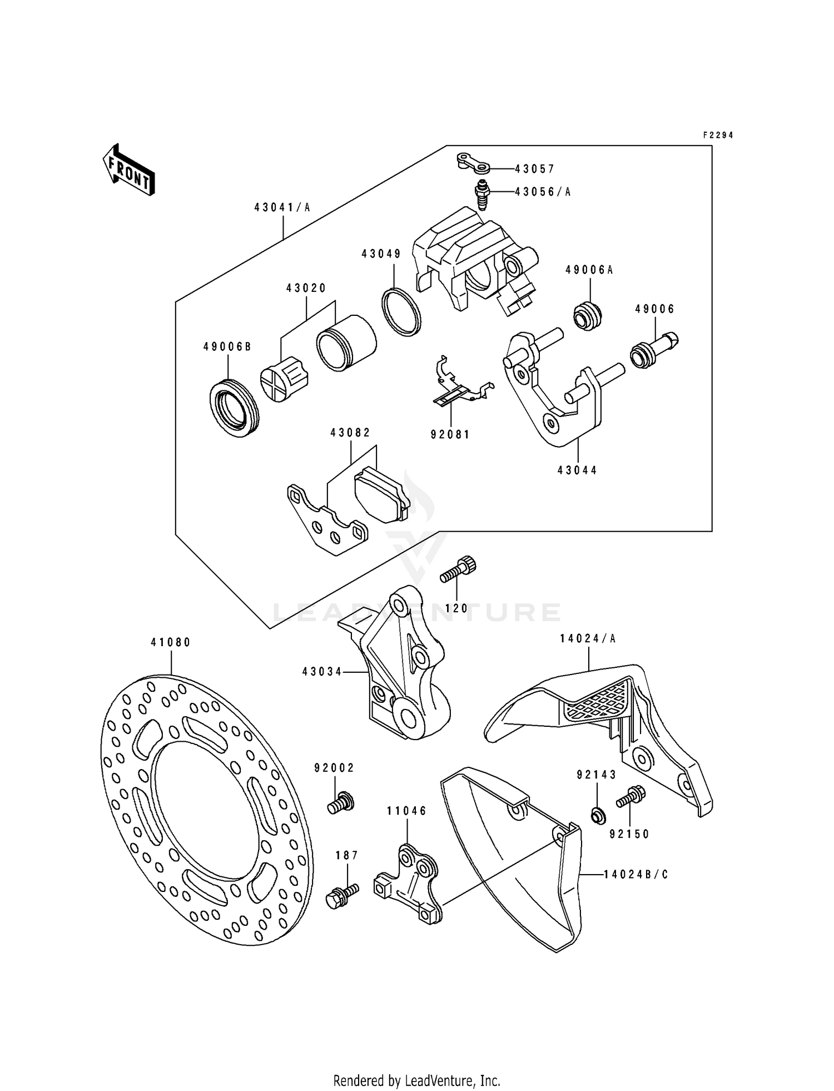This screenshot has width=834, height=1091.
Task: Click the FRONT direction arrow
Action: coord(128,169)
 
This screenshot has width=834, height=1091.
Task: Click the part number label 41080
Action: coord(171,642)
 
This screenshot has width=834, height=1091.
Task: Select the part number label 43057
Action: coord(534,168)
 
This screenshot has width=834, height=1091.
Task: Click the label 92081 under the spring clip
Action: coord(450,435)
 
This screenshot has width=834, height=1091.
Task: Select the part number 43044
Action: coord(577,470)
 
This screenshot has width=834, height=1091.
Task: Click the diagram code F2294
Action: coord(718,135)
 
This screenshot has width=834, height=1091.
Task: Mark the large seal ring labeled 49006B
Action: coord(234,408)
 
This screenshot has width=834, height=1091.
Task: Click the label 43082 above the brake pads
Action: coord(350,432)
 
